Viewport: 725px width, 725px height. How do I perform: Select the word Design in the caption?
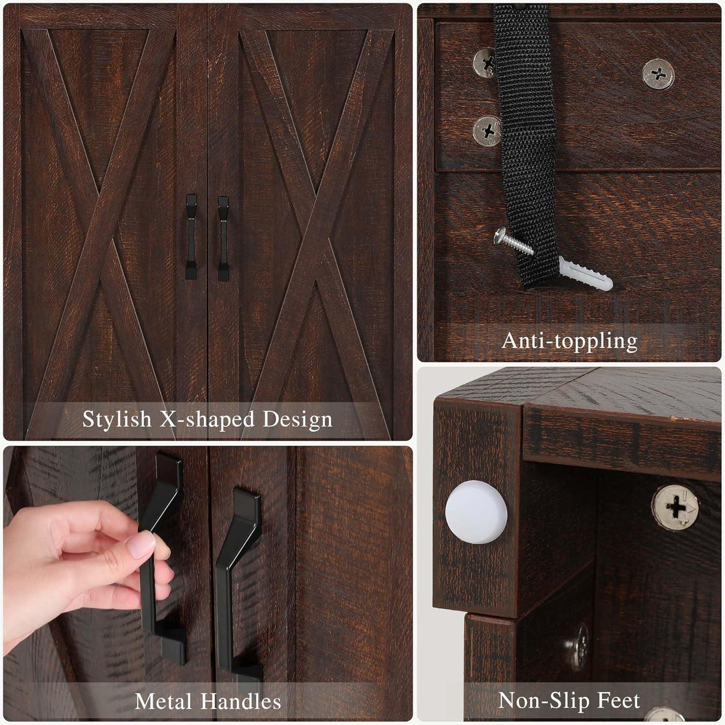point(297,420)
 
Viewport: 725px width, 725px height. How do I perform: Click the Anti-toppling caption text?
point(569,341)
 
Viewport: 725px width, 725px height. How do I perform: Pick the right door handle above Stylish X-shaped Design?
point(223,238)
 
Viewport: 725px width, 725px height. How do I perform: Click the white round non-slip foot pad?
point(476,512)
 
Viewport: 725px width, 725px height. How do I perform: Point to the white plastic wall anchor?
point(585,273)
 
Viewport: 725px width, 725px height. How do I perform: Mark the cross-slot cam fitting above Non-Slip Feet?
point(675,508)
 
